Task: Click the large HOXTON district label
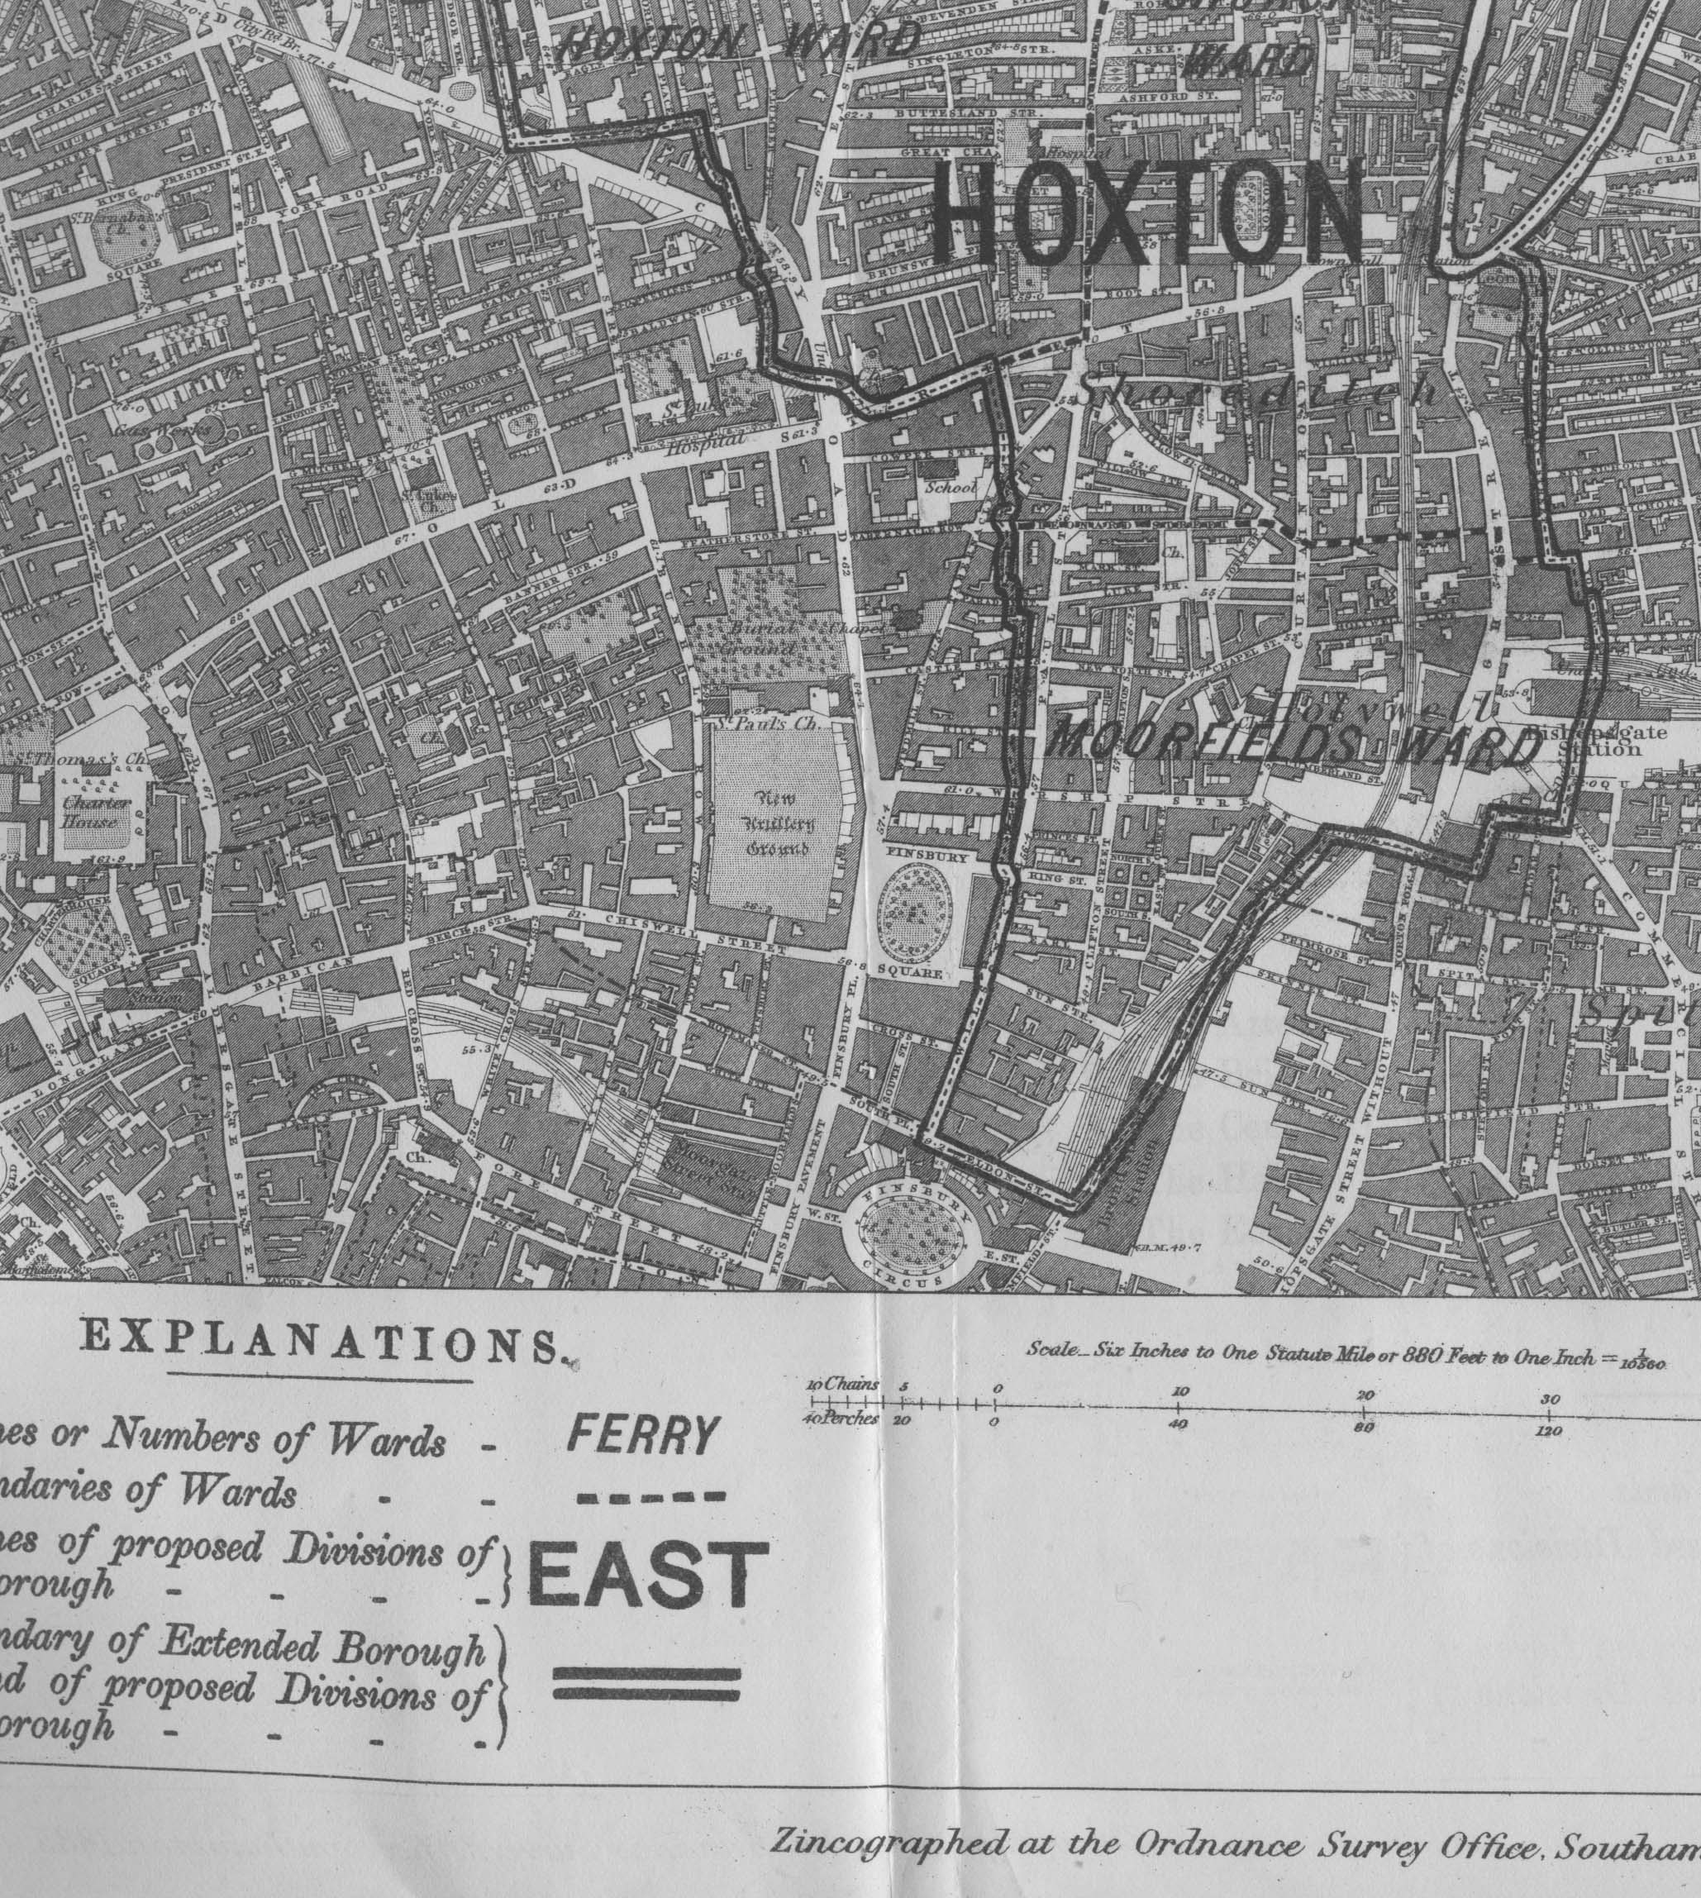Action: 1148,212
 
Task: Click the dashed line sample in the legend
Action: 650,1496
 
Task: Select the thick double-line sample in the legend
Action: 646,1682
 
